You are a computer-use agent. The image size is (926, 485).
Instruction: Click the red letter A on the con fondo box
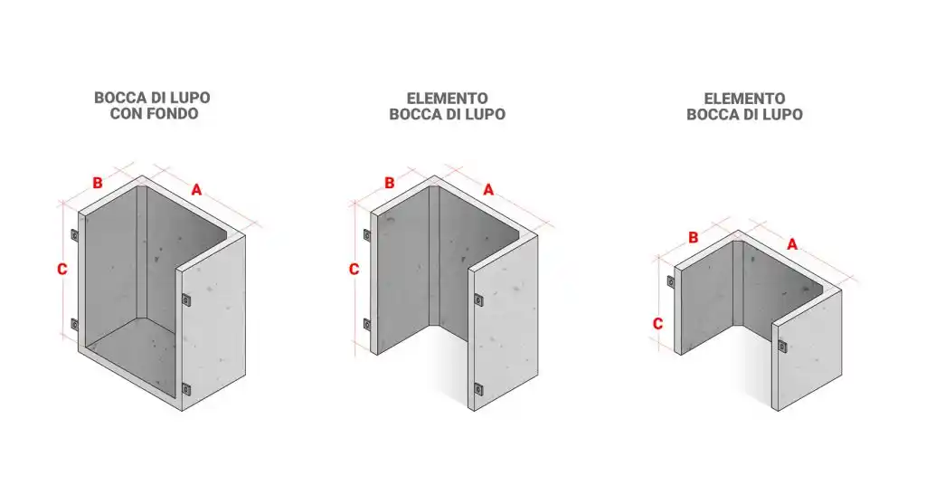pyautogui.click(x=196, y=190)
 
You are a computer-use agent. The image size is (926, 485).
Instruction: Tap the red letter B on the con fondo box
pyautogui.click(x=98, y=183)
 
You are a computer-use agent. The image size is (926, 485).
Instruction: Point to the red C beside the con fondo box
pyautogui.click(x=62, y=270)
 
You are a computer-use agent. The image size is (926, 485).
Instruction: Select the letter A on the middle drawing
pyautogui.click(x=488, y=190)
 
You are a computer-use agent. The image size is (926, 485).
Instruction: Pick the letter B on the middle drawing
pyautogui.click(x=389, y=183)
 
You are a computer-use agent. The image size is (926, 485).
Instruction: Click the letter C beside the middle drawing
pyautogui.click(x=354, y=270)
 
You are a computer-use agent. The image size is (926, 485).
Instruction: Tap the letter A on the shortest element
pyautogui.click(x=792, y=244)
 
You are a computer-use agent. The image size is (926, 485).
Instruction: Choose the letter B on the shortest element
pyautogui.click(x=694, y=237)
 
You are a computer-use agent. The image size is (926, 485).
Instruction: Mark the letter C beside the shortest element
pyautogui.click(x=657, y=324)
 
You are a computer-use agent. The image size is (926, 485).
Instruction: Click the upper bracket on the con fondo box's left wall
pyautogui.click(x=74, y=235)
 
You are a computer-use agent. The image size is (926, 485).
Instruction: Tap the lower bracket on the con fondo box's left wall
pyautogui.click(x=74, y=324)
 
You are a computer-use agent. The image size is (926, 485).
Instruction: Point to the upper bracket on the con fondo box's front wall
pyautogui.click(x=186, y=300)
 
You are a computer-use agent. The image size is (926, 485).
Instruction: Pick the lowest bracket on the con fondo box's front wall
pyautogui.click(x=186, y=389)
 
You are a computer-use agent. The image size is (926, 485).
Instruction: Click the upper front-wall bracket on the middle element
pyautogui.click(x=478, y=300)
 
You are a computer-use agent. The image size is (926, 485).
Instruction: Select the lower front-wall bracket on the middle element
pyautogui.click(x=478, y=389)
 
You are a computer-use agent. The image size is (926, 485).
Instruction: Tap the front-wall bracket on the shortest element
pyautogui.click(x=782, y=347)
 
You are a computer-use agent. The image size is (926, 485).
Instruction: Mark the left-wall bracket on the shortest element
pyautogui.click(x=671, y=281)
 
